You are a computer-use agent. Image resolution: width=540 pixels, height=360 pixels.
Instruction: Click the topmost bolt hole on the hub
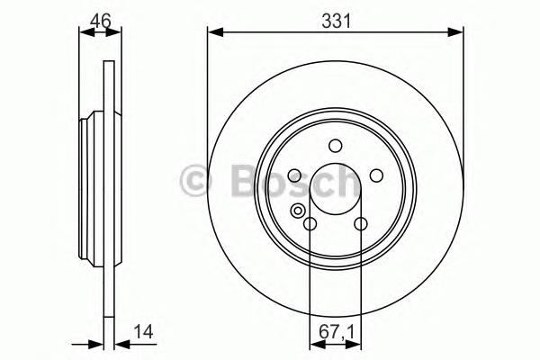point(335,146)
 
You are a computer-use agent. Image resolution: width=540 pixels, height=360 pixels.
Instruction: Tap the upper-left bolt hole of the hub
point(294,176)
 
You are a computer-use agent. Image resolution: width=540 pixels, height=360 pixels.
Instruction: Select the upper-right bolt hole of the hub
point(375,176)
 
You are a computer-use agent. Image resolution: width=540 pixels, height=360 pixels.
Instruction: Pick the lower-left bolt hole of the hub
point(310,225)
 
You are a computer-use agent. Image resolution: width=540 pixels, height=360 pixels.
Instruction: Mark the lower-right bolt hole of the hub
point(360,225)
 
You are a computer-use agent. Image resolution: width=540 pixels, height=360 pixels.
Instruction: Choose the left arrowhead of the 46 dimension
point(85,33)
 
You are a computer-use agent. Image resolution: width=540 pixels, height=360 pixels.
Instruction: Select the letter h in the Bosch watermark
point(345,181)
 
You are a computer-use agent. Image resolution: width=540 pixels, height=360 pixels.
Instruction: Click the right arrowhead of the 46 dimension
point(116,33)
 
